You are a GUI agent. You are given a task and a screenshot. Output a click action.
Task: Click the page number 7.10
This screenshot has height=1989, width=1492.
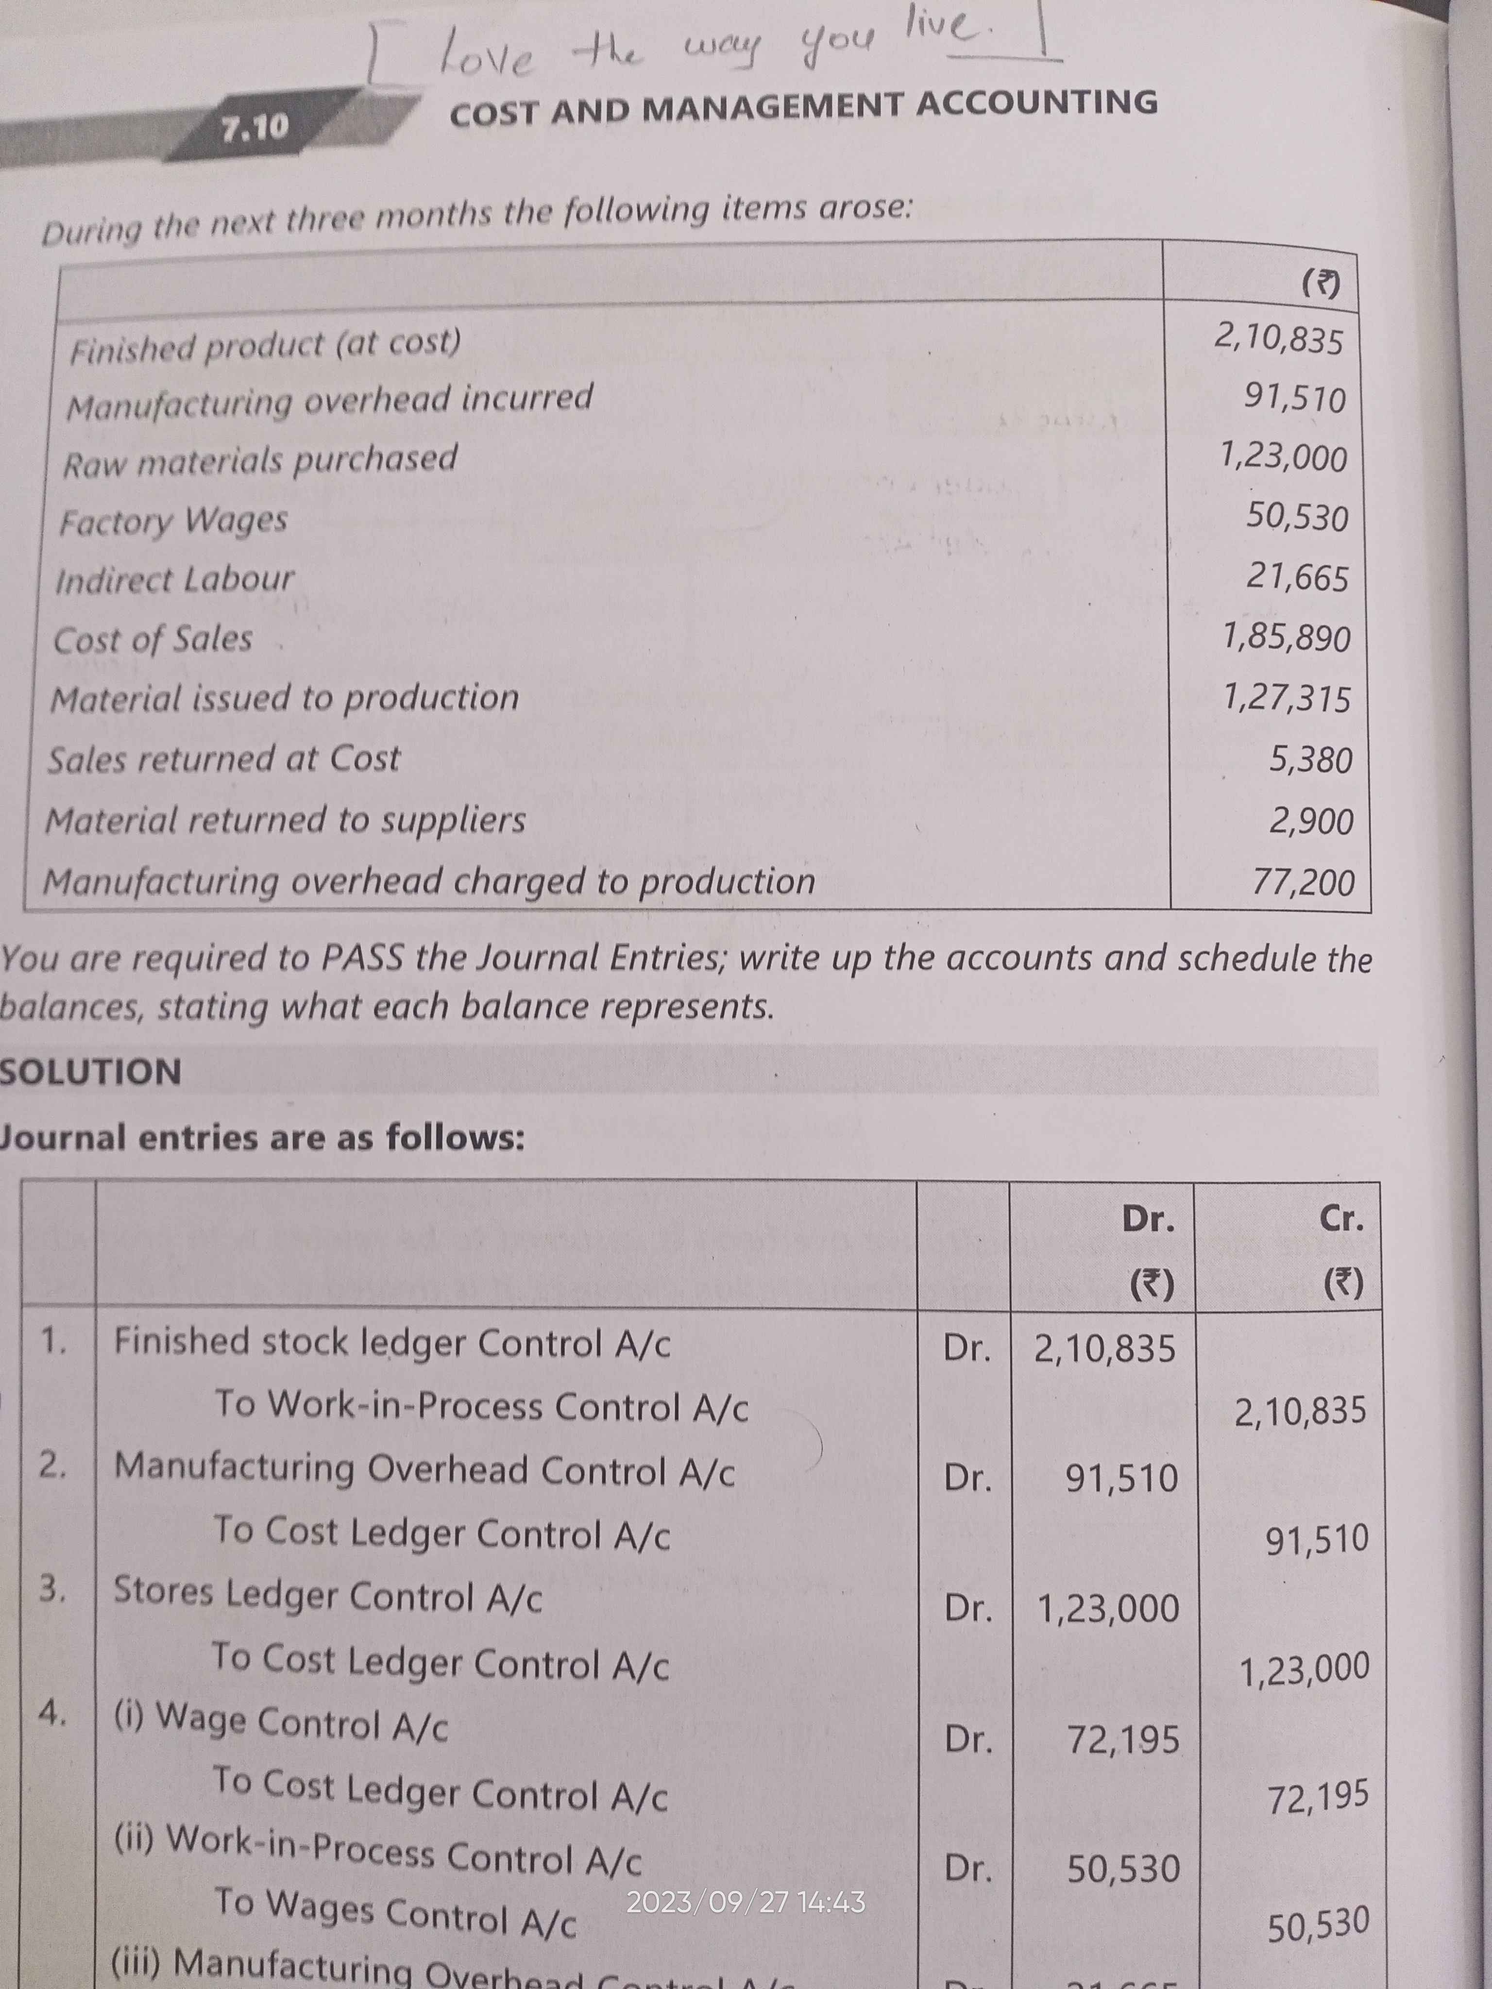pyautogui.click(x=255, y=129)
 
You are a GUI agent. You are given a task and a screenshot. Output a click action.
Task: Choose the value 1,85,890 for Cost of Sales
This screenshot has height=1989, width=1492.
pyautogui.click(x=1286, y=638)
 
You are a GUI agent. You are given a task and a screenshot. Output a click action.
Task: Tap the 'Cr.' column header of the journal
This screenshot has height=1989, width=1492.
pyautogui.click(x=1340, y=1219)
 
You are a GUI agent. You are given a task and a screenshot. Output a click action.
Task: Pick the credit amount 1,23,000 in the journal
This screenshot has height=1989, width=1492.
pyautogui.click(x=1304, y=1670)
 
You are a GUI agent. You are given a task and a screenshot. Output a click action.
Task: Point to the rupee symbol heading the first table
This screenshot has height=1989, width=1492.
pyautogui.click(x=1320, y=285)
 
